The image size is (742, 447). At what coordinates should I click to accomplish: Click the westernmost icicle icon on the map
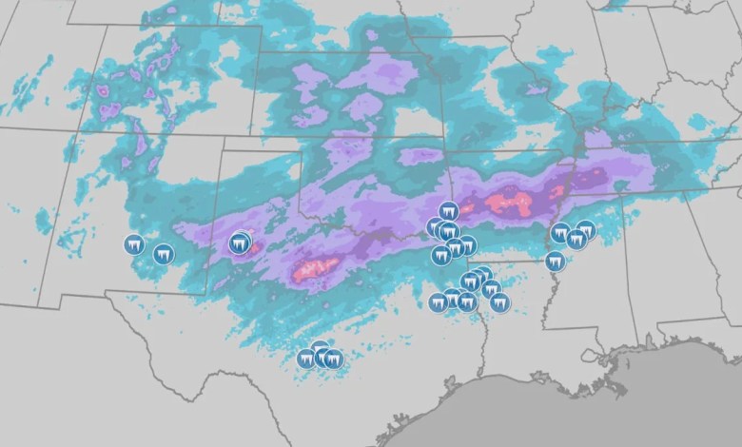pyautogui.click(x=134, y=244)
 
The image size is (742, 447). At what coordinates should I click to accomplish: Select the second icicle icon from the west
pyautogui.click(x=164, y=254)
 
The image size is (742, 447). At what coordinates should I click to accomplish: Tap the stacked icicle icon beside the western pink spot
pyautogui.click(x=241, y=243)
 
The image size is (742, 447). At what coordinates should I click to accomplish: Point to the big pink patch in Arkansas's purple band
pyautogui.click(x=510, y=202)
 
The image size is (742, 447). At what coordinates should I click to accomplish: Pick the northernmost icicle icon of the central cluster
pyautogui.click(x=449, y=210)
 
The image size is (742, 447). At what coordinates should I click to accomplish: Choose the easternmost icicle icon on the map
pyautogui.click(x=586, y=229)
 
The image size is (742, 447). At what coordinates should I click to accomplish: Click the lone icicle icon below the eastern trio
pyautogui.click(x=556, y=261)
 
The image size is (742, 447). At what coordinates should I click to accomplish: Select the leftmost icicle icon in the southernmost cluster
pyautogui.click(x=305, y=359)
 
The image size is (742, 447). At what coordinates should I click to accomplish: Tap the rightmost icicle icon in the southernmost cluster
pyautogui.click(x=333, y=359)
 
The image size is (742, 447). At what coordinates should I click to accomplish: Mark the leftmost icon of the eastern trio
pyautogui.click(x=560, y=232)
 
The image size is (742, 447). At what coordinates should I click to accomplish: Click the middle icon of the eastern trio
pyautogui.click(x=576, y=239)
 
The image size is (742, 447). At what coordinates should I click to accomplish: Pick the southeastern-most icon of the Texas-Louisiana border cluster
pyautogui.click(x=499, y=303)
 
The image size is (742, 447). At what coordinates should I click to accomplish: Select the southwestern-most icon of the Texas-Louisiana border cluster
pyautogui.click(x=438, y=303)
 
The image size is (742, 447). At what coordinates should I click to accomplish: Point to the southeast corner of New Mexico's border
pyautogui.click(x=207, y=293)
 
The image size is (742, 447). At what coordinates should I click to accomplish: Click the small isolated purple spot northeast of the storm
pyautogui.click(x=537, y=90)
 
